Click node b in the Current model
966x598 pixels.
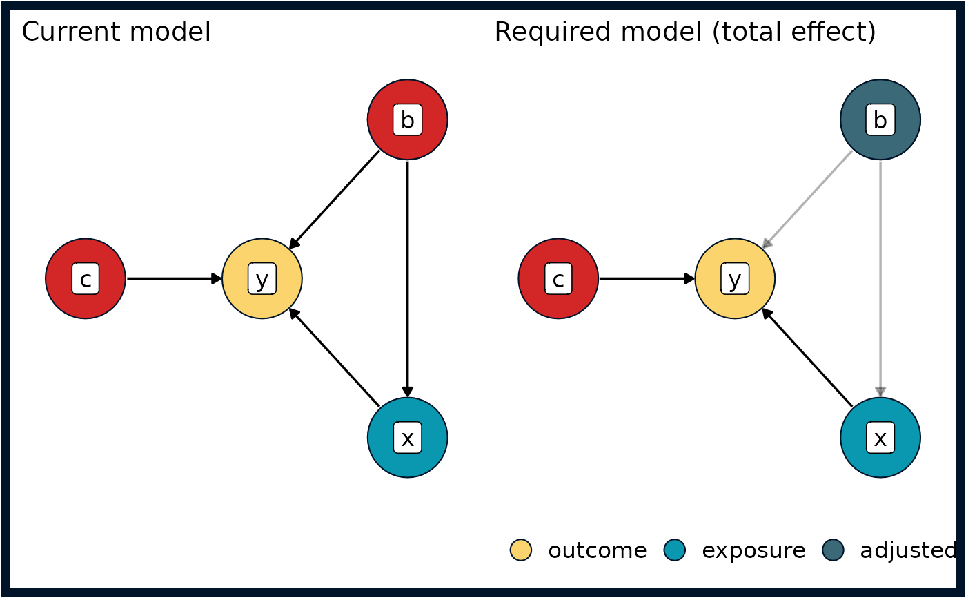pos(408,119)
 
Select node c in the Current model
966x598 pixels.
pos(86,279)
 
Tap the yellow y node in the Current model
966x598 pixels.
pos(262,279)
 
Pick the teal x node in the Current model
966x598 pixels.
pos(408,438)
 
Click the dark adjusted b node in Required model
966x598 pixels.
pos(880,119)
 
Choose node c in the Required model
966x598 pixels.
pos(558,279)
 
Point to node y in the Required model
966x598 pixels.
pos(736,279)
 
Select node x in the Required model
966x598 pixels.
pos(880,438)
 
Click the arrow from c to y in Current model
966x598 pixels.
pos(174,279)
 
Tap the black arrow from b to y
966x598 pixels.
pos(334,200)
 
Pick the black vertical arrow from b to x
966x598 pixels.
pos(408,279)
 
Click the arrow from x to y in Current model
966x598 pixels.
pos(334,358)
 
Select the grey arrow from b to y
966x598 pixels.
pos(807,200)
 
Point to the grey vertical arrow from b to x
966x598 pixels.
pos(880,279)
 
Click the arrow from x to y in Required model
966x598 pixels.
pos(807,358)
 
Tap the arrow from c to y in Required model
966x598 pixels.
pos(647,279)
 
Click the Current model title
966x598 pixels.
pos(116,32)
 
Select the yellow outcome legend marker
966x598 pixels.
pos(521,550)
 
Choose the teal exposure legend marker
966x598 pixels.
pos(675,550)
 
